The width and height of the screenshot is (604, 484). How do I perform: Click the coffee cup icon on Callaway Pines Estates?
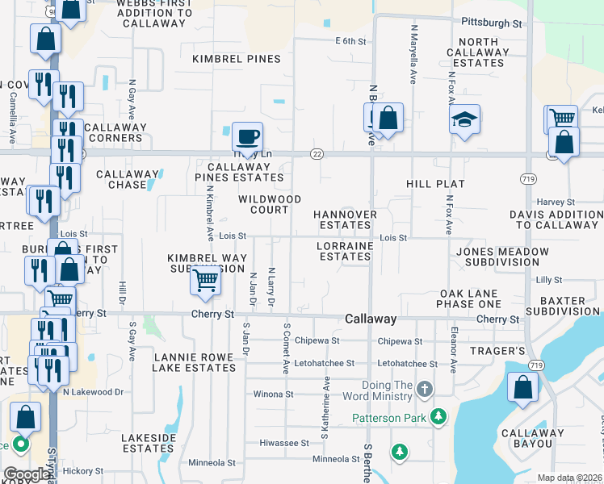click(247, 136)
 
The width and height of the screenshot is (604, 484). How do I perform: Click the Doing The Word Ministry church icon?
click(425, 390)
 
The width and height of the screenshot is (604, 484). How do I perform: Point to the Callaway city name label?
click(371, 319)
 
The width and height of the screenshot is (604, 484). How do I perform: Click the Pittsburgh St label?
click(491, 23)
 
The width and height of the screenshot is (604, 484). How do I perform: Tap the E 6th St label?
click(356, 40)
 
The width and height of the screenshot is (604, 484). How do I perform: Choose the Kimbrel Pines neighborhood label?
click(237, 59)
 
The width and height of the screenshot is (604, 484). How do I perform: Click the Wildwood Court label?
click(270, 204)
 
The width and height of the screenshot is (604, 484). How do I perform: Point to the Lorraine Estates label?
click(345, 251)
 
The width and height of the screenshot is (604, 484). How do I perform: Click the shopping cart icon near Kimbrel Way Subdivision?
click(206, 280)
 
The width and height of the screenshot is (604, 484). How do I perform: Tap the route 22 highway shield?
click(317, 154)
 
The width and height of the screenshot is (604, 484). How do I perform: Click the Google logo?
click(27, 474)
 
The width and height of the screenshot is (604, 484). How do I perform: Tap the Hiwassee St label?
click(284, 443)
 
